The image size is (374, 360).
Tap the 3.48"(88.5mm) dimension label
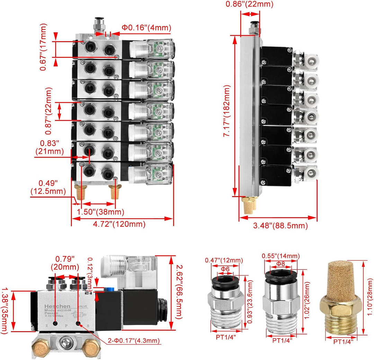click(280, 226)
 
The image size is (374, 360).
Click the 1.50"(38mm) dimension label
click(100, 212)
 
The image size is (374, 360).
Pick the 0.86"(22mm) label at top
click(249, 4)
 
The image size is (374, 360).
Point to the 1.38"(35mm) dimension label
click(5, 310)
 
